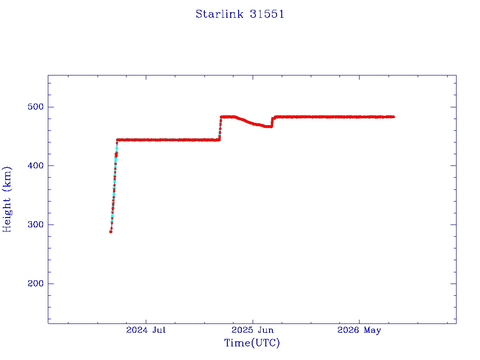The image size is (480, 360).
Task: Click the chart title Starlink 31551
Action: click(240, 14)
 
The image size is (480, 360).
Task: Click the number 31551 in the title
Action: click(267, 14)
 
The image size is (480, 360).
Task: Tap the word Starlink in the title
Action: click(219, 14)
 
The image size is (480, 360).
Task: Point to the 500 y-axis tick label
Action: click(36, 107)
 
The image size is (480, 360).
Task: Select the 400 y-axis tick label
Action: click(36, 165)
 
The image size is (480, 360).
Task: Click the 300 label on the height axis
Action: click(36, 225)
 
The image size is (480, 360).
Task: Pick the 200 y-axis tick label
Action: click(36, 284)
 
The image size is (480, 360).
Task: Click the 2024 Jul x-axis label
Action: click(146, 330)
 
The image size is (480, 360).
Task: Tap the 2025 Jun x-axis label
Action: click(253, 330)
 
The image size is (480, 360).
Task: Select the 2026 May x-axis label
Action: click(359, 330)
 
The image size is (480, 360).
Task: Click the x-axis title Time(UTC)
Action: click(252, 343)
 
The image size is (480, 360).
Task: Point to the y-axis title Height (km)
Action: click(7, 199)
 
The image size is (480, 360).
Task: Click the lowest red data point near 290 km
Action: click(111, 232)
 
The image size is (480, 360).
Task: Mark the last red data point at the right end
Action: click(393, 117)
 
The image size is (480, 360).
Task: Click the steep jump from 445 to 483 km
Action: click(220, 128)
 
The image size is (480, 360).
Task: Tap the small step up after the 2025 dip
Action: click(272, 122)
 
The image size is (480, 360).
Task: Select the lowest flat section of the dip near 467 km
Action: click(268, 127)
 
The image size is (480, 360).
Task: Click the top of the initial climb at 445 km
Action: click(117, 140)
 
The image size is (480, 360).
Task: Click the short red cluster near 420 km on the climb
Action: click(116, 155)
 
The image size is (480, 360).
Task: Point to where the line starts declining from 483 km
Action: click(235, 117)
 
